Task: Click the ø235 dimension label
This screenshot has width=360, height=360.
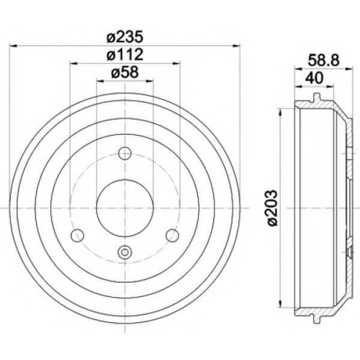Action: coord(125,37)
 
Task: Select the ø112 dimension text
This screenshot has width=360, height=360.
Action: coord(125,55)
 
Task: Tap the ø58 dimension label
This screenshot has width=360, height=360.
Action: coord(125,73)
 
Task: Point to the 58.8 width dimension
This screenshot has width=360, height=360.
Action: coord(323,61)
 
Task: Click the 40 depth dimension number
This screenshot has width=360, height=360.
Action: coord(314,78)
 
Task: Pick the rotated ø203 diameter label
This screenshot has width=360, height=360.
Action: coord(272,208)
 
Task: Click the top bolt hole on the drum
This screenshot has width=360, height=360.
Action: coord(125,153)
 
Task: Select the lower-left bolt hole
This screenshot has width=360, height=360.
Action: coord(77,235)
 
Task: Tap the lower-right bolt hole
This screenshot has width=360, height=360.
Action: coord(172,235)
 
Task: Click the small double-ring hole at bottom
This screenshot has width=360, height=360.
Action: coord(125,253)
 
